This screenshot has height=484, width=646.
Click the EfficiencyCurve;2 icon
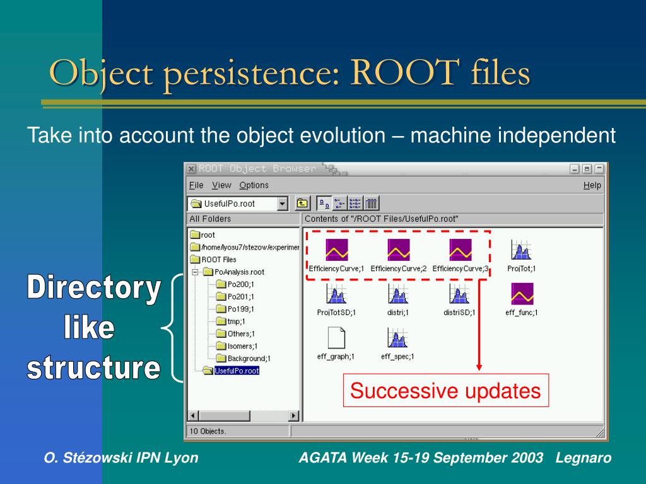(399, 250)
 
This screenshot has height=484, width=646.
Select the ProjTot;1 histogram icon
(521, 250)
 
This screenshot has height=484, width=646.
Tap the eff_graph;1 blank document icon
(336, 338)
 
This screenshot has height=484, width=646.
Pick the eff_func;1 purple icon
(522, 294)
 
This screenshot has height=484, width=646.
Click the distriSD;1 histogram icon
(459, 294)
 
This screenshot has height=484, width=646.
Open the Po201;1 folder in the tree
(235, 297)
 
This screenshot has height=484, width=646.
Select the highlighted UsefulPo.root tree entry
(237, 371)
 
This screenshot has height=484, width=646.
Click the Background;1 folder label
(249, 359)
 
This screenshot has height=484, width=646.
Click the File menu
(196, 185)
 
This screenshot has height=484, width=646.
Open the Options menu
(254, 185)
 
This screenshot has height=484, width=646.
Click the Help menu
(592, 186)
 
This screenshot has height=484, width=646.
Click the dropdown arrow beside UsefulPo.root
(282, 204)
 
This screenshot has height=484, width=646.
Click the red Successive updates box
(446, 390)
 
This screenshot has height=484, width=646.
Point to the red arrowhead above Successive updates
(479, 367)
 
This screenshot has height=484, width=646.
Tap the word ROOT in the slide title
(404, 72)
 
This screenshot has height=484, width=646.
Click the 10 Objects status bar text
(207, 431)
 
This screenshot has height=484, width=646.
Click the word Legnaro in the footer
(584, 458)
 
